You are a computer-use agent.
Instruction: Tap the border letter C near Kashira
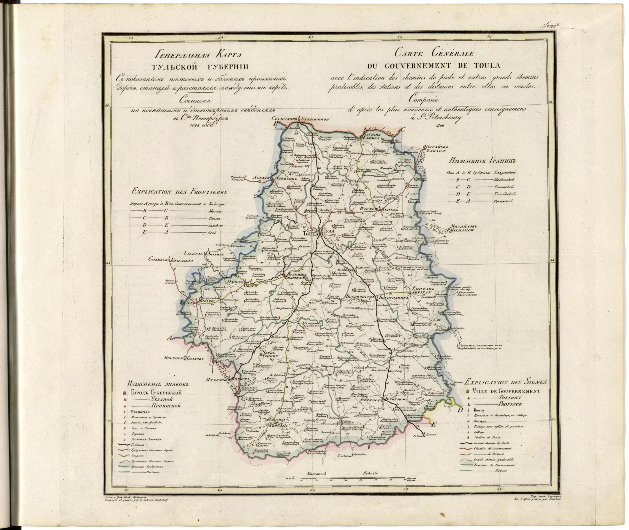(403, 130)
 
